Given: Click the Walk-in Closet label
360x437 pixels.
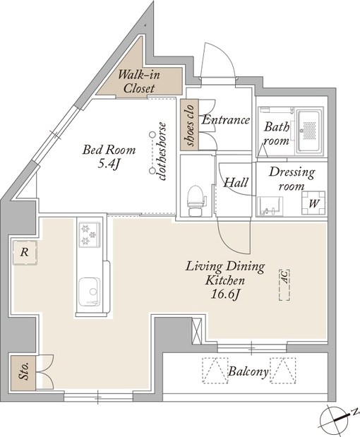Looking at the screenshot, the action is [139, 82].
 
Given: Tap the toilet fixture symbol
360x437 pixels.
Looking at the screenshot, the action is [196, 200].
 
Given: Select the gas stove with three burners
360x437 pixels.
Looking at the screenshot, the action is [90, 234].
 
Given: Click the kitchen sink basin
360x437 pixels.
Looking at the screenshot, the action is [89, 292].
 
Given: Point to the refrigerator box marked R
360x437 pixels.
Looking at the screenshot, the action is [25, 253].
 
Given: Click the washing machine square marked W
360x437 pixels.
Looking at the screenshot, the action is [313, 203].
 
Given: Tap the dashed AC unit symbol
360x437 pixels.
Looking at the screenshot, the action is [284, 285].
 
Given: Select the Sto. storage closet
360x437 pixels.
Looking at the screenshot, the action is [23, 372].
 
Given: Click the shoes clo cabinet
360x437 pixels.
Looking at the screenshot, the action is [189, 125].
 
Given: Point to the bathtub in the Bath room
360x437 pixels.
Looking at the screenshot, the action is [308, 132].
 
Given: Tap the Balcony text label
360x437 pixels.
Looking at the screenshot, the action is [248, 371].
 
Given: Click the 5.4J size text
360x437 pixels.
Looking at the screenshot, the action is [109, 164].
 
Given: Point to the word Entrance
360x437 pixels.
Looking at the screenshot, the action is [226, 120].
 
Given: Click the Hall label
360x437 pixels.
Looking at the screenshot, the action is [236, 183].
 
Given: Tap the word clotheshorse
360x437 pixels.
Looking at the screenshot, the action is [161, 151].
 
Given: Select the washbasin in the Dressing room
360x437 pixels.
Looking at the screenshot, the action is [270, 206].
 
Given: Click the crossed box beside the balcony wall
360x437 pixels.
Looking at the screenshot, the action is [197, 331].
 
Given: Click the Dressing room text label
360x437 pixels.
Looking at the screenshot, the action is [292, 179].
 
